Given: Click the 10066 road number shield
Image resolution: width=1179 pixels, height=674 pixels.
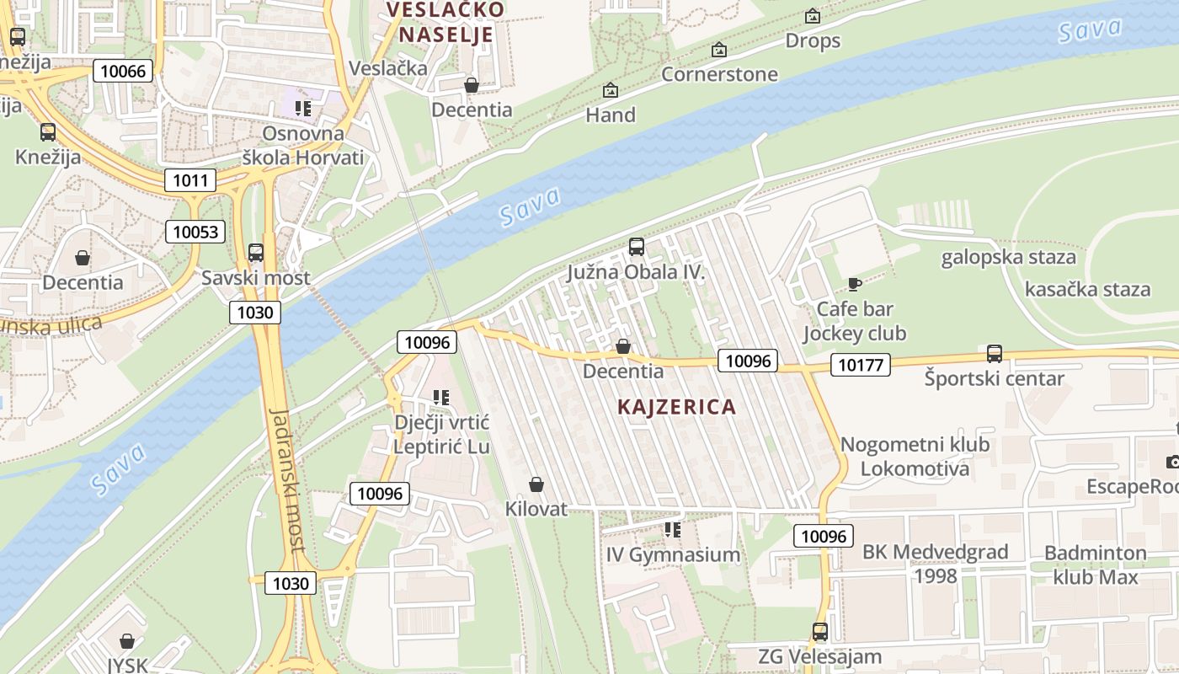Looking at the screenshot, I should (123, 71).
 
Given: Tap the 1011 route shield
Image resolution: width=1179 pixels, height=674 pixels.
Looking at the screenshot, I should (189, 179).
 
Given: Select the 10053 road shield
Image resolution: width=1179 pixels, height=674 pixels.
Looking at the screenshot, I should (195, 232).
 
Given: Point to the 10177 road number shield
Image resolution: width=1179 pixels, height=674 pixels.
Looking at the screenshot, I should (860, 365).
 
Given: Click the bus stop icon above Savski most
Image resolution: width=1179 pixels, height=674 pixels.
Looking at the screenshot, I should (256, 253).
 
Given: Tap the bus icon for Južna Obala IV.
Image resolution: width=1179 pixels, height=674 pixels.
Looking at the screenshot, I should (636, 247).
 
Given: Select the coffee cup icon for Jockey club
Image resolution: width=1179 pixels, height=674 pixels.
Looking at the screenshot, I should (854, 284).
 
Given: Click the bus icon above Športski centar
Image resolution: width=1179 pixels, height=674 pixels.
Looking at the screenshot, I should (994, 354).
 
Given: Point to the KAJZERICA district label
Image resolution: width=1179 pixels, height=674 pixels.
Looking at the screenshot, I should (676, 407).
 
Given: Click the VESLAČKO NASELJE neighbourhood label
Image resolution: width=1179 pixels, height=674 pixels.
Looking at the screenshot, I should (445, 22).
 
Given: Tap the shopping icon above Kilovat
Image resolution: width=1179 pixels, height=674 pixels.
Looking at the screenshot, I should (536, 484).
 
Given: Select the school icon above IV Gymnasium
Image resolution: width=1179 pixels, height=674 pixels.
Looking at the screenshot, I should (672, 530).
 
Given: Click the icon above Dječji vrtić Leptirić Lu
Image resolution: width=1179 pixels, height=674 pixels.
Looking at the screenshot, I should (440, 397).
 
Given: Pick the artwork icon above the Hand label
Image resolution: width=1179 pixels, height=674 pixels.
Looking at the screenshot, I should (611, 90).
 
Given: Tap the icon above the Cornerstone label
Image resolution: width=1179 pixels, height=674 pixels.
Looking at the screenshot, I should (718, 50).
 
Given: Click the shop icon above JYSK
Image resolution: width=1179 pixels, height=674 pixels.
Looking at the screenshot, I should (126, 642).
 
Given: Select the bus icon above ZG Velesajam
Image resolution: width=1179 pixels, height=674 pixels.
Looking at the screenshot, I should (819, 632).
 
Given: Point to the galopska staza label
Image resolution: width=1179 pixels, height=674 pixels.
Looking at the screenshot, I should (1008, 257).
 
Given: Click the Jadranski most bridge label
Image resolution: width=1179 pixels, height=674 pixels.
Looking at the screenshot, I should (286, 480).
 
